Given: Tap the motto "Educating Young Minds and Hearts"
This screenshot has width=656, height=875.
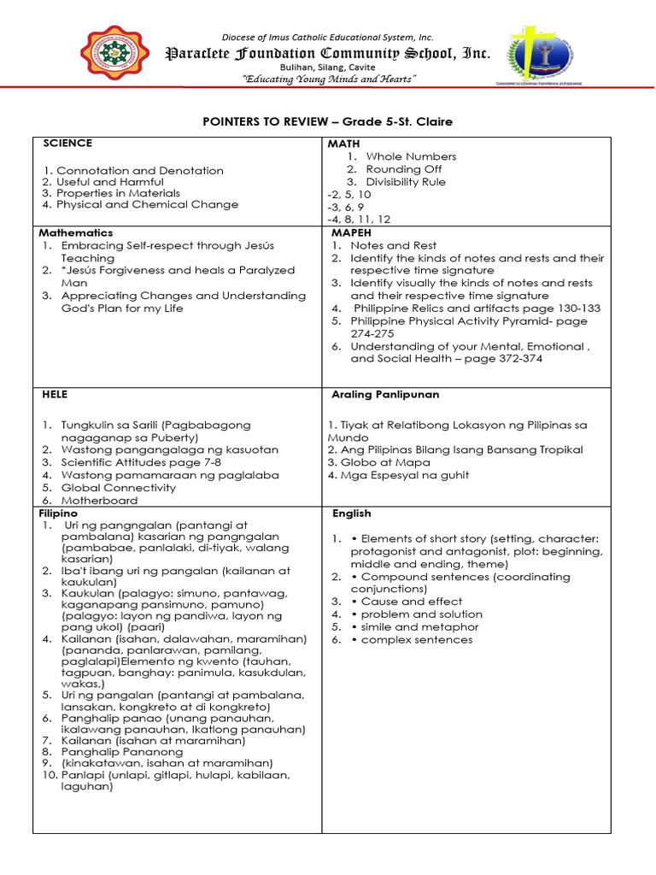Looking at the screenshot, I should pyautogui.click(x=329, y=79).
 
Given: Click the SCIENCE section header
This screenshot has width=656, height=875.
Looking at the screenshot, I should pyautogui.click(x=67, y=144).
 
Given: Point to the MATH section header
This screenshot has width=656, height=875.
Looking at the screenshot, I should pyautogui.click(x=345, y=144).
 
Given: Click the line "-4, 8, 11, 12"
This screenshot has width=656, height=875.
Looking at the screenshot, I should pyautogui.click(x=359, y=220).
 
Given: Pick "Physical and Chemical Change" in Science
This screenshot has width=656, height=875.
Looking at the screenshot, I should pyautogui.click(x=140, y=205).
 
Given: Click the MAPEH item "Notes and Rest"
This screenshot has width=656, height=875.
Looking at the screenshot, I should pyautogui.click(x=393, y=245).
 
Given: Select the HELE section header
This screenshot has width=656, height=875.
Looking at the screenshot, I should pyautogui.click(x=55, y=394).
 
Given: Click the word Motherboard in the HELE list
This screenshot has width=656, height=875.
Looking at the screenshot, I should pyautogui.click(x=93, y=501).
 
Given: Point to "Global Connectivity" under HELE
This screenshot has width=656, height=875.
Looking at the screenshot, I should pyautogui.click(x=118, y=488).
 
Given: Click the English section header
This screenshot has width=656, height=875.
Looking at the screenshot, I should pyautogui.click(x=352, y=514).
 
